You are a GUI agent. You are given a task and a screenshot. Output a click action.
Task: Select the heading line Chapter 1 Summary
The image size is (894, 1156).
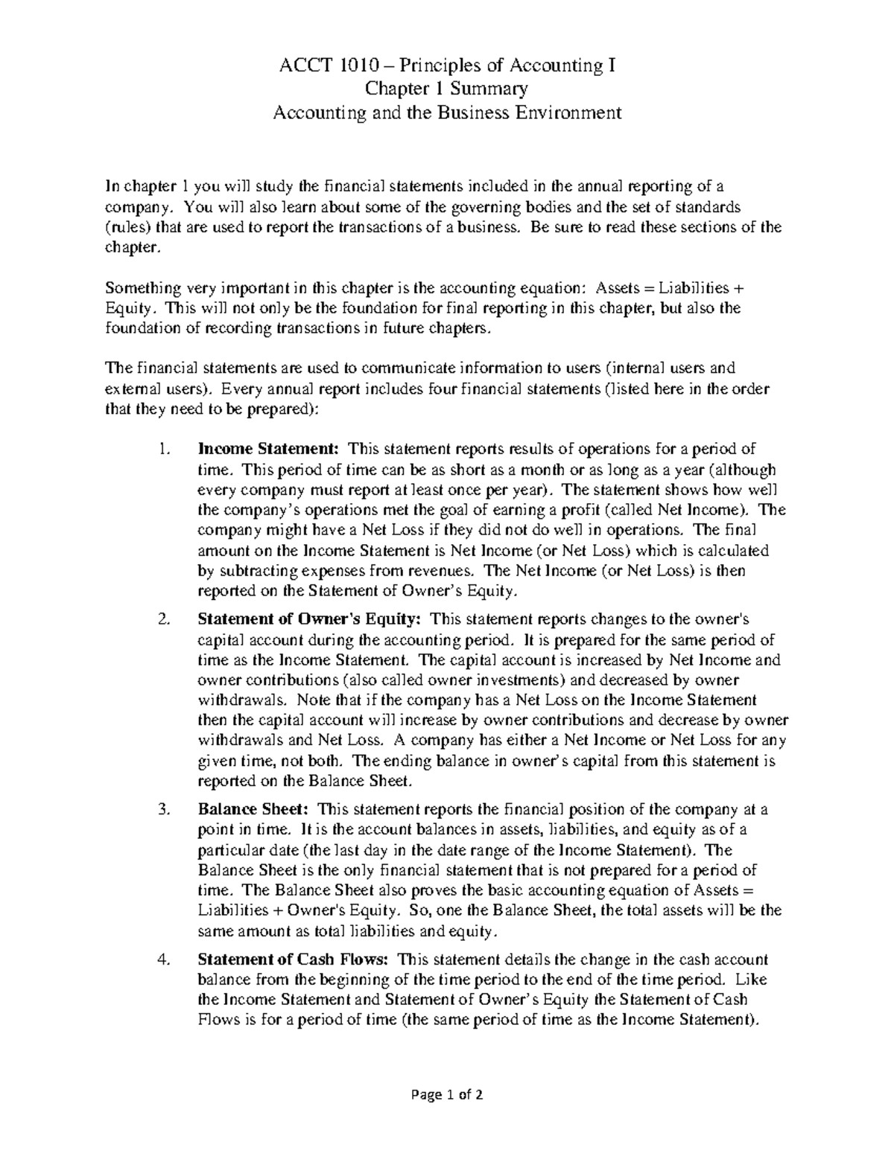point(446,89)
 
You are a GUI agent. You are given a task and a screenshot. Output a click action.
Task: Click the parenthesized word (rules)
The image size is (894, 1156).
point(126,227)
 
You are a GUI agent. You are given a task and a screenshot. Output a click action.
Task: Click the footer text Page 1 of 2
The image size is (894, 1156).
point(446,1096)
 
